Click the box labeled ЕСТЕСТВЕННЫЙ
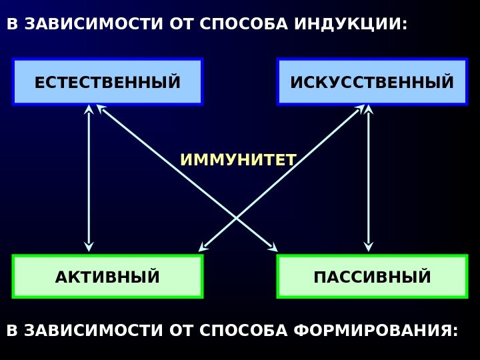tap(107, 82)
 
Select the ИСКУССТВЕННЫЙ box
tap(372, 82)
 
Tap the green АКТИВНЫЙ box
tap(107, 276)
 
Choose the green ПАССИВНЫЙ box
tap(372, 276)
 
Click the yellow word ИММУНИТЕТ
tap(238, 160)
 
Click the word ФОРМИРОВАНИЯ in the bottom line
tap(376, 331)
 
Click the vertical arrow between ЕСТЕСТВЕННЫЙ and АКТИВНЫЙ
tap(89, 177)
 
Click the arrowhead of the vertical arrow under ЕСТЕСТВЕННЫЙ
tap(89, 109)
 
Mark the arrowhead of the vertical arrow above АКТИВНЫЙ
tap(89, 246)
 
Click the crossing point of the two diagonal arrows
tap(237, 219)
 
